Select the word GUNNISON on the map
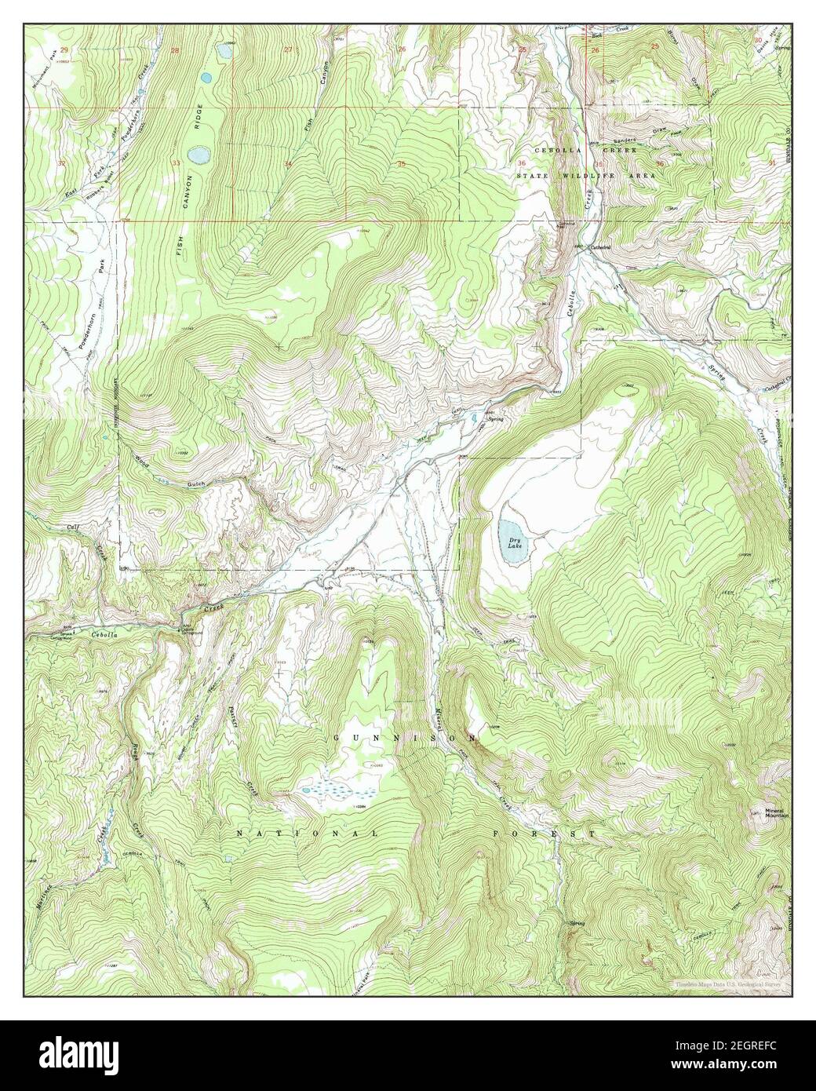[399, 739]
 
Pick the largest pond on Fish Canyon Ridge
[197, 155]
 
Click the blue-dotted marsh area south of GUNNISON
[330, 786]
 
